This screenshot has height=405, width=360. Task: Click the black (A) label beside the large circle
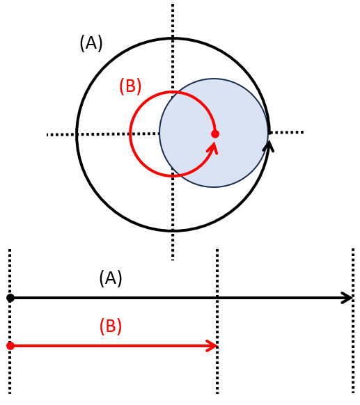pyautogui.click(x=91, y=43)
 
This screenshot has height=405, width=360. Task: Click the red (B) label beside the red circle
pyautogui.click(x=130, y=86)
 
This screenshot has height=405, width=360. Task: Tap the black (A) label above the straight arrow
pyautogui.click(x=111, y=278)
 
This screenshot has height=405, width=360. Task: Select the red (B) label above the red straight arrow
pyautogui.click(x=111, y=326)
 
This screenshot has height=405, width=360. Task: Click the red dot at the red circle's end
pyautogui.click(x=215, y=134)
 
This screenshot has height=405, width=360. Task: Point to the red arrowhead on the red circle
pyautogui.click(x=213, y=148)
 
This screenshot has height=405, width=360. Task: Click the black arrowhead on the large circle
pyautogui.click(x=269, y=146)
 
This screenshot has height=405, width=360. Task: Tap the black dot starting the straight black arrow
pyautogui.click(x=10, y=298)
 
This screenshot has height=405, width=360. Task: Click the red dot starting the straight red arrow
pyautogui.click(x=10, y=346)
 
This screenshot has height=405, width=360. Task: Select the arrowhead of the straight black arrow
pyautogui.click(x=347, y=298)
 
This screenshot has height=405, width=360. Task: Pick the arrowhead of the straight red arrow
pyautogui.click(x=212, y=346)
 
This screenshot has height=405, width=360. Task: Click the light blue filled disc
pyautogui.click(x=214, y=132)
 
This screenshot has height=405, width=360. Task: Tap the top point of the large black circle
pyautogui.click(x=173, y=39)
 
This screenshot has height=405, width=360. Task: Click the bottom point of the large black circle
pyautogui.click(x=173, y=230)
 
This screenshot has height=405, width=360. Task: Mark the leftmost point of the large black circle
pyautogui.click(x=77, y=134)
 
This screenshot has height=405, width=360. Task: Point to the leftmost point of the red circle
pyautogui.click(x=130, y=134)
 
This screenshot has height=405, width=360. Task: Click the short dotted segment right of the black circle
pyautogui.click(x=286, y=132)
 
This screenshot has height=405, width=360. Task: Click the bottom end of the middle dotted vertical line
pyautogui.click(x=217, y=393)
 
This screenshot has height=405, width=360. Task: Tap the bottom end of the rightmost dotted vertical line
pyautogui.click(x=353, y=393)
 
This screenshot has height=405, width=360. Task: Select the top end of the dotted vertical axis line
pyautogui.click(x=173, y=5)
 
